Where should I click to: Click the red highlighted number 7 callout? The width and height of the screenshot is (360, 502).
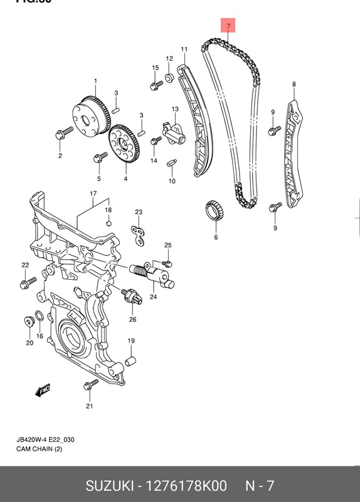click(229, 26)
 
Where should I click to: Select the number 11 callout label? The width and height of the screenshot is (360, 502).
click(184, 49)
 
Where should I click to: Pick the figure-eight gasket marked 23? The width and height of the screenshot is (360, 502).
click(139, 233)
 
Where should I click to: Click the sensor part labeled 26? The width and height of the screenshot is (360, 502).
click(131, 296)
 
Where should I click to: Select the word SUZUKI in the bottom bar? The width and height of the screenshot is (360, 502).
click(113, 486)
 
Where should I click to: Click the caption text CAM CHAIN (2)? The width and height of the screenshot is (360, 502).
click(39, 450)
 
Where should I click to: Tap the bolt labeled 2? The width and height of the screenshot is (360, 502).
click(63, 134)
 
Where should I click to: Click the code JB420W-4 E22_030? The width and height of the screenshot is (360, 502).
click(45, 440)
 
